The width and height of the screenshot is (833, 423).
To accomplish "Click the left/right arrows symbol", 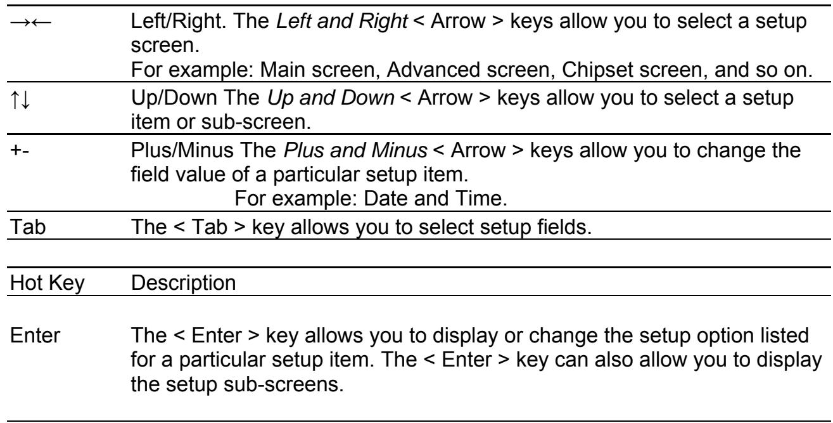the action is coord(31,23).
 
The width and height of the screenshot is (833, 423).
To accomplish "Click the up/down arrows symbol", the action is coord(20,100).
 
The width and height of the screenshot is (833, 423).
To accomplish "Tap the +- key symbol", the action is coord(20,150).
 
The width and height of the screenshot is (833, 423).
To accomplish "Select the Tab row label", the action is coord(28,227).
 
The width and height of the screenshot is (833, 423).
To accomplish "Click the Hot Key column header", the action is coord(48,283).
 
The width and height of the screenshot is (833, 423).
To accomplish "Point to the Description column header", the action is coord(183,283).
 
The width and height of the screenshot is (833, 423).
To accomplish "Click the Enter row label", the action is coord(35,335).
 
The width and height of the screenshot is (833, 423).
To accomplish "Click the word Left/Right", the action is coord(179,21).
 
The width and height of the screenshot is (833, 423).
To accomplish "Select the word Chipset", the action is coord(597,70).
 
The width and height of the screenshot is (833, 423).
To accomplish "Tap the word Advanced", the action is coord(434,70).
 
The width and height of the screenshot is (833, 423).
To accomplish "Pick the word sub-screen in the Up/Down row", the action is coord(256,122).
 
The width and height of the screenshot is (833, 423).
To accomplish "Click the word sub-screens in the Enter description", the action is coord(283,384).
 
